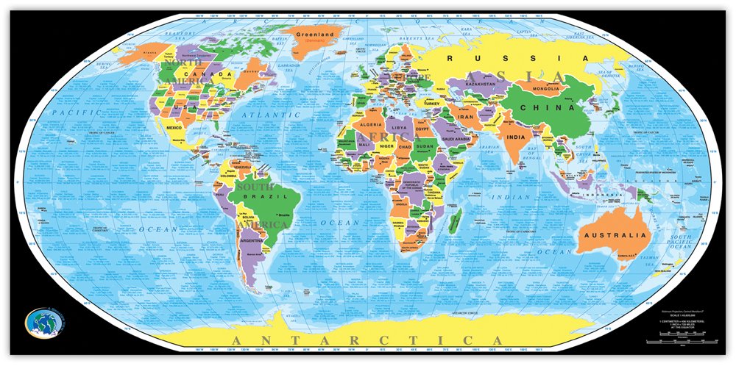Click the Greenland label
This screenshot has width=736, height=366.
click(x=314, y=34)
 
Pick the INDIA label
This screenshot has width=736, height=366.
click(x=516, y=137)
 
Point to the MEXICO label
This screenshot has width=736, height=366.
click(x=174, y=128)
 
